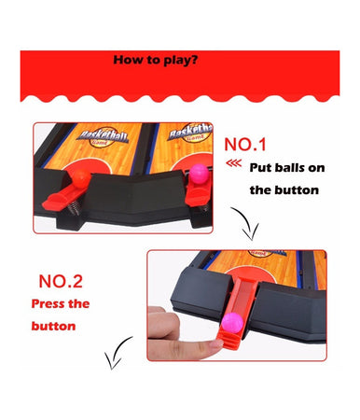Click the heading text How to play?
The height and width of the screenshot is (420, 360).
[155, 60]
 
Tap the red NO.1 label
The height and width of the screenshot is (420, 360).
[245, 145]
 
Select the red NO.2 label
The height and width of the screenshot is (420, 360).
[61, 281]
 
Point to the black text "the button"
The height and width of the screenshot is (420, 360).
[284, 190]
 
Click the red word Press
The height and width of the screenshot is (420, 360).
[48, 303]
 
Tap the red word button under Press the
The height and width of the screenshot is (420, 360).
[53, 326]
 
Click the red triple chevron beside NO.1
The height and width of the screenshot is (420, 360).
[234, 163]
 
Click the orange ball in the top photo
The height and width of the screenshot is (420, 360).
[81, 176]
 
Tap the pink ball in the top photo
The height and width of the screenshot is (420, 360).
[199, 173]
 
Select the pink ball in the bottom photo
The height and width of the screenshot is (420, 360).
[232, 323]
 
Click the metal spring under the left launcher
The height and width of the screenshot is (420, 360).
[73, 208]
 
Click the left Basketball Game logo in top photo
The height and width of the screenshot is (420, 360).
[103, 136]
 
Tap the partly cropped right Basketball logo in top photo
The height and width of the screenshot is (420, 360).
[191, 133]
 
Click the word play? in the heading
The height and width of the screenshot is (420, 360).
[181, 60]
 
